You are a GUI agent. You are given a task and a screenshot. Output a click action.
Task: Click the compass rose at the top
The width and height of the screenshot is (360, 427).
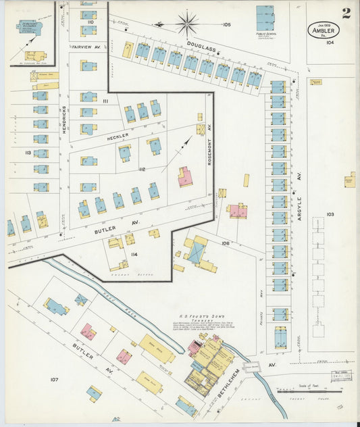187,24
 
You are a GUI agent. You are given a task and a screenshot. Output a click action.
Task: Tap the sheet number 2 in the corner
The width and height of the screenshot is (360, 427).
346,13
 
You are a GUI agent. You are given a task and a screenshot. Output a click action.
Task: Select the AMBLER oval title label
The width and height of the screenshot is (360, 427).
324,30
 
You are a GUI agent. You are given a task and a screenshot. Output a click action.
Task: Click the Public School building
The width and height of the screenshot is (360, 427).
265,18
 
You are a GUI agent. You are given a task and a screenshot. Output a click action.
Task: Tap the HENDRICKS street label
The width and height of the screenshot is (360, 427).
65,120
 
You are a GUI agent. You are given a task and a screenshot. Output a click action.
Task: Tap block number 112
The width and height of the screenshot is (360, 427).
142,169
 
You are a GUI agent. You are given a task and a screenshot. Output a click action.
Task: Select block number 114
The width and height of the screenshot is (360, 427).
134,254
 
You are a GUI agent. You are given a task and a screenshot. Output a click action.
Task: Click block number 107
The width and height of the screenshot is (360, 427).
54,379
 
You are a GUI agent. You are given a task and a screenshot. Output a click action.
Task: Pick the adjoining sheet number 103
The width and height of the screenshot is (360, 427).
330,214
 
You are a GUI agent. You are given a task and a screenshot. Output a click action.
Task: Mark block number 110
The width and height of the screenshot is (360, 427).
90,22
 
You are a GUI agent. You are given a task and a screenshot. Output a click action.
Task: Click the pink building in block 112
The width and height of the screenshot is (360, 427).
184,177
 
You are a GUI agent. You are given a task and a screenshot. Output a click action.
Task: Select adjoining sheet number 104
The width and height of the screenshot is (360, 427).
330,42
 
